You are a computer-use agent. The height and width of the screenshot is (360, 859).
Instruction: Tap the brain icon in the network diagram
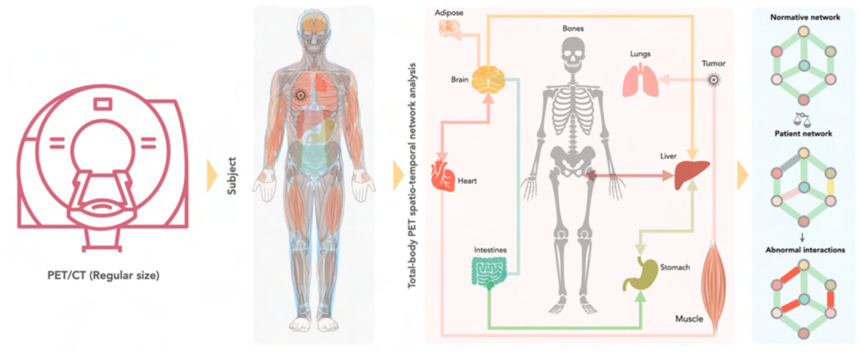point(488,81)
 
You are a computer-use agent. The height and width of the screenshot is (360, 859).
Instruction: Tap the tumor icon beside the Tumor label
point(713,80)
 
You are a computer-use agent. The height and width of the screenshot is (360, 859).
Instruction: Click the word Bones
point(573,29)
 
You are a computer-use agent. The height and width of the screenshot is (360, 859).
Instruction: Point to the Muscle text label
point(689,319)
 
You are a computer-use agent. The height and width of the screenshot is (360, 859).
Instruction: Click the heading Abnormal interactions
point(805,250)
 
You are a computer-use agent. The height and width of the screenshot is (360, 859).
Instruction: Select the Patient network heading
point(803,134)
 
